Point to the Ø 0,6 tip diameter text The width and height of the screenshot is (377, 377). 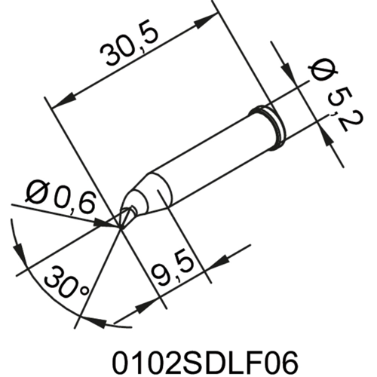point(60,197)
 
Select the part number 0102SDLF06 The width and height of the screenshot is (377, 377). point(188,357)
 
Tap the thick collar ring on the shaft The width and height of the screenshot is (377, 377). point(272,121)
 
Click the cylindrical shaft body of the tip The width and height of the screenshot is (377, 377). point(211,155)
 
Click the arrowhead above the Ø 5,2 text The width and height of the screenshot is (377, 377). point(289,69)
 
